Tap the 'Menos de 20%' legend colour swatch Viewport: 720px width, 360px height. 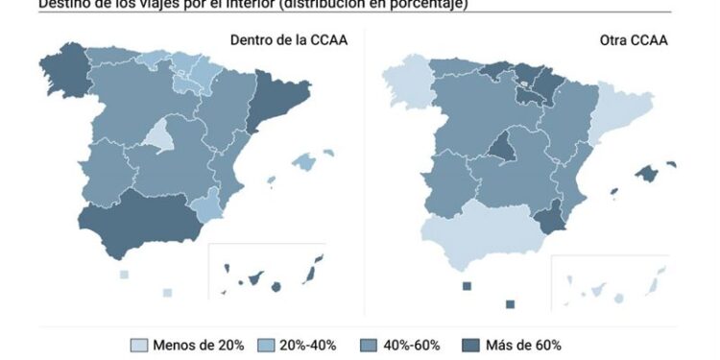pos(139,345)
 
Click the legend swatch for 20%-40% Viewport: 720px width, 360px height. pos(265,345)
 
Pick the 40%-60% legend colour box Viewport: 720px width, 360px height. pos(367,345)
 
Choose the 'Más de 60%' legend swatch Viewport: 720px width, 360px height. pos(469,345)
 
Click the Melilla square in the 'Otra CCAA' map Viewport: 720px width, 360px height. pos(511,304)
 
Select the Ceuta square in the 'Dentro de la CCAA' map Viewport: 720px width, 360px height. pos(124,275)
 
